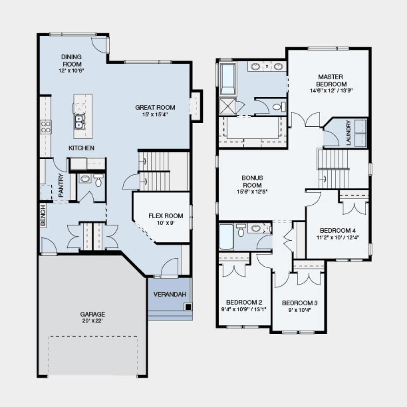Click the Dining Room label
pos(71,60)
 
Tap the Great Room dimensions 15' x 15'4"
pos(155,114)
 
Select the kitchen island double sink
pos(79,122)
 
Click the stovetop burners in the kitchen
pos(46,127)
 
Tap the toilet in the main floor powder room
pos(98,180)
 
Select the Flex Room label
pos(166,216)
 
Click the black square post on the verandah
pos(188,307)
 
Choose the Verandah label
pos(169,294)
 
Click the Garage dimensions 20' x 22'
pos(93,321)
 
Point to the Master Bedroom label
pos(331,80)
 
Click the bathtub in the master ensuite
pos(228,79)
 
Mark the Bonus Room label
pos(252,181)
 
